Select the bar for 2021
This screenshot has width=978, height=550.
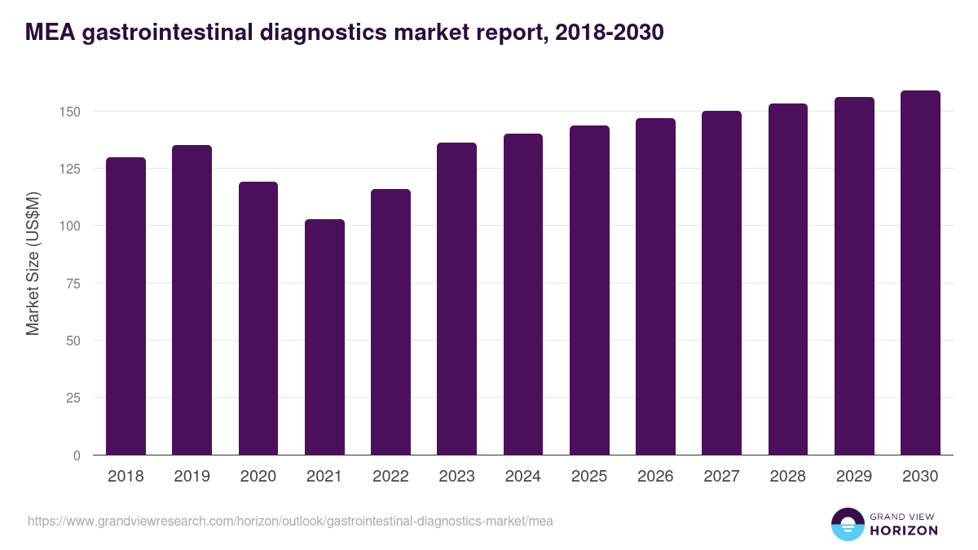[324, 337]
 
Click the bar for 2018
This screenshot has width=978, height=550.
[126, 306]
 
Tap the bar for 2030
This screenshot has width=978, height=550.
[920, 273]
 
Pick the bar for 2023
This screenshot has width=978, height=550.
[456, 299]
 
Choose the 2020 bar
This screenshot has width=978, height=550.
[258, 319]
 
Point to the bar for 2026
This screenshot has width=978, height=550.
[655, 287]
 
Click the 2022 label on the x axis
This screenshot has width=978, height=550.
[390, 477]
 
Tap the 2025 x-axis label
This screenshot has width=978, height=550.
[589, 477]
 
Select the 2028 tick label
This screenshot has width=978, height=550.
[788, 477]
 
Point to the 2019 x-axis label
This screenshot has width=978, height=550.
[192, 477]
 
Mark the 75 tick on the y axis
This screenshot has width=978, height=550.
[73, 284]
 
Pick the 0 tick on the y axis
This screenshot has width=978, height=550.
[77, 455]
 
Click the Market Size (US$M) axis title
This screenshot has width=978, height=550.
[33, 262]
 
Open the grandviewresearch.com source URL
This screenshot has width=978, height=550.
[290, 521]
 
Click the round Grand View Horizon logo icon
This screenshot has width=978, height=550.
[847, 524]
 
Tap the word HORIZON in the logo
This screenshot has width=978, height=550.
[904, 530]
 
